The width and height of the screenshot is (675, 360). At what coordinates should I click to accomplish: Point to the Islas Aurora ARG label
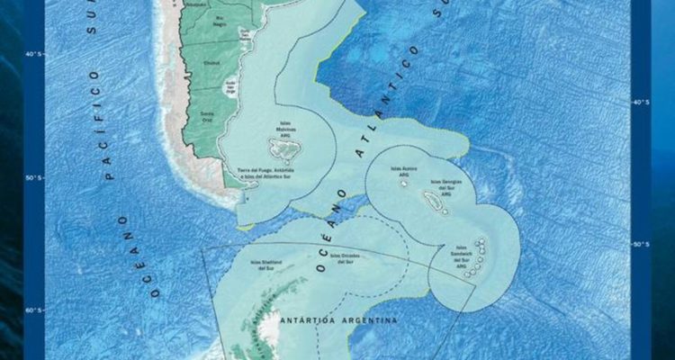click(403, 169)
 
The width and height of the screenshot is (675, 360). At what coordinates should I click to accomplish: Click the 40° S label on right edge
click(640, 102)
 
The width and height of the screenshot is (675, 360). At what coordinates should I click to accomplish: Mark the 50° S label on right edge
click(640, 244)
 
